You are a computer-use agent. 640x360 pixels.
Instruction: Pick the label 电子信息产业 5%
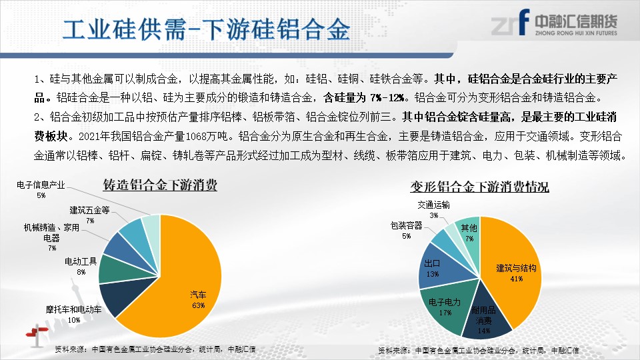tap(41, 190)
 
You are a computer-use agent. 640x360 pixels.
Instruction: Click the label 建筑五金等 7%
tap(90, 215)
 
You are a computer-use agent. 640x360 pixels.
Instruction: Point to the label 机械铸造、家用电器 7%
tap(51, 237)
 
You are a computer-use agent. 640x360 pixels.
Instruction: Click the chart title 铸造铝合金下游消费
tap(160, 185)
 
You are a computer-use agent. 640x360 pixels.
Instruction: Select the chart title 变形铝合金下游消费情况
tap(479, 187)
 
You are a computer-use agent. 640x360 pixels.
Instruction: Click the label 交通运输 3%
tap(433, 209)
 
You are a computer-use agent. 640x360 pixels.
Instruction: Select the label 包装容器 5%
tap(406, 230)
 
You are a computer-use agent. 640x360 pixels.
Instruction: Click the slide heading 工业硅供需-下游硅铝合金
tap(206, 29)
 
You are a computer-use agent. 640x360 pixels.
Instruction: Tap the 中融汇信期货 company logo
tap(554, 23)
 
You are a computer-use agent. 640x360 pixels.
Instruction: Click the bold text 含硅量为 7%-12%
tap(365, 97)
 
